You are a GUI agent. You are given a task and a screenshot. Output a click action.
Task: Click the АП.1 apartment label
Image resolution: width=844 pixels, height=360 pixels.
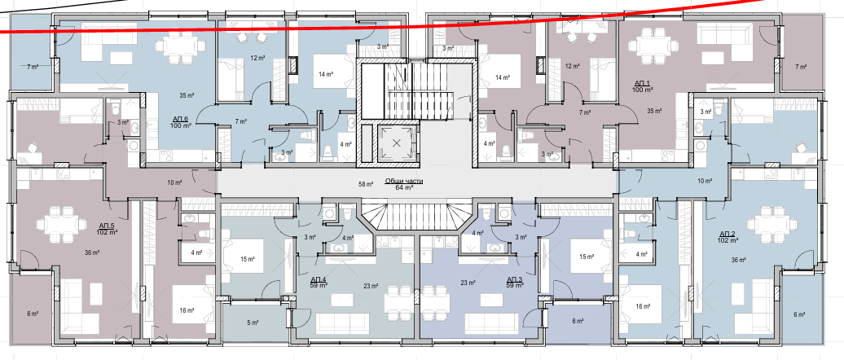(x=643, y=83)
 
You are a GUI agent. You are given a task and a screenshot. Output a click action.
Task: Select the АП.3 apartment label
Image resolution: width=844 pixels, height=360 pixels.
(x=515, y=279)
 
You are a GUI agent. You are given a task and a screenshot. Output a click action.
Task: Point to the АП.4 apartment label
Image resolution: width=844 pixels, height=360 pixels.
(x=319, y=279)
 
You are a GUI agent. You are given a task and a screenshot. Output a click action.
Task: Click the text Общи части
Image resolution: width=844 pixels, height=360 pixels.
(x=404, y=182)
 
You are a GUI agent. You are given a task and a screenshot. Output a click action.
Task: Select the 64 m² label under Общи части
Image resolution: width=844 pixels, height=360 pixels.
(x=404, y=188)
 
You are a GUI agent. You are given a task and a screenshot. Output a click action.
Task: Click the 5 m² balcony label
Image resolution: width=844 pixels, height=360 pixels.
(x=253, y=323)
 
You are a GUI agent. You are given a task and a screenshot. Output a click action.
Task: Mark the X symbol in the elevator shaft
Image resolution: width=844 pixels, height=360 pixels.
(x=397, y=143)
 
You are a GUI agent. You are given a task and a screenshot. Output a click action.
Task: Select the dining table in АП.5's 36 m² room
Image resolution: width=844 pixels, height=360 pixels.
(x=61, y=223)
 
